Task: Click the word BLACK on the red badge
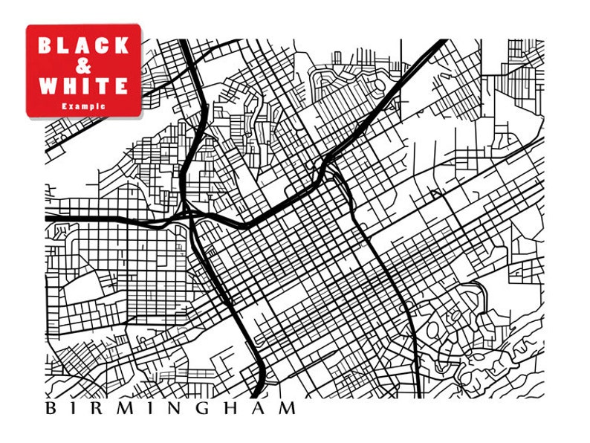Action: click(x=83, y=45)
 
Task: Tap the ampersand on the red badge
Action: click(x=84, y=65)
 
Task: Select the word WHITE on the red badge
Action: click(x=83, y=85)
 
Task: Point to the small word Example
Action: click(x=83, y=106)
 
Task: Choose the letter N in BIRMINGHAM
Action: click(x=181, y=408)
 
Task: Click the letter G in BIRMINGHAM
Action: click(x=209, y=408)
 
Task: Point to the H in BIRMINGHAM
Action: click(x=237, y=408)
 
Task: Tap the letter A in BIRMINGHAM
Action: click(x=262, y=408)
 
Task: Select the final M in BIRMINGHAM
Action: click(x=288, y=408)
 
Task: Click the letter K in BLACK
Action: click(x=122, y=45)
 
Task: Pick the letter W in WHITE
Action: click(x=48, y=85)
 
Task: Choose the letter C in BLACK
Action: click(x=103, y=45)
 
